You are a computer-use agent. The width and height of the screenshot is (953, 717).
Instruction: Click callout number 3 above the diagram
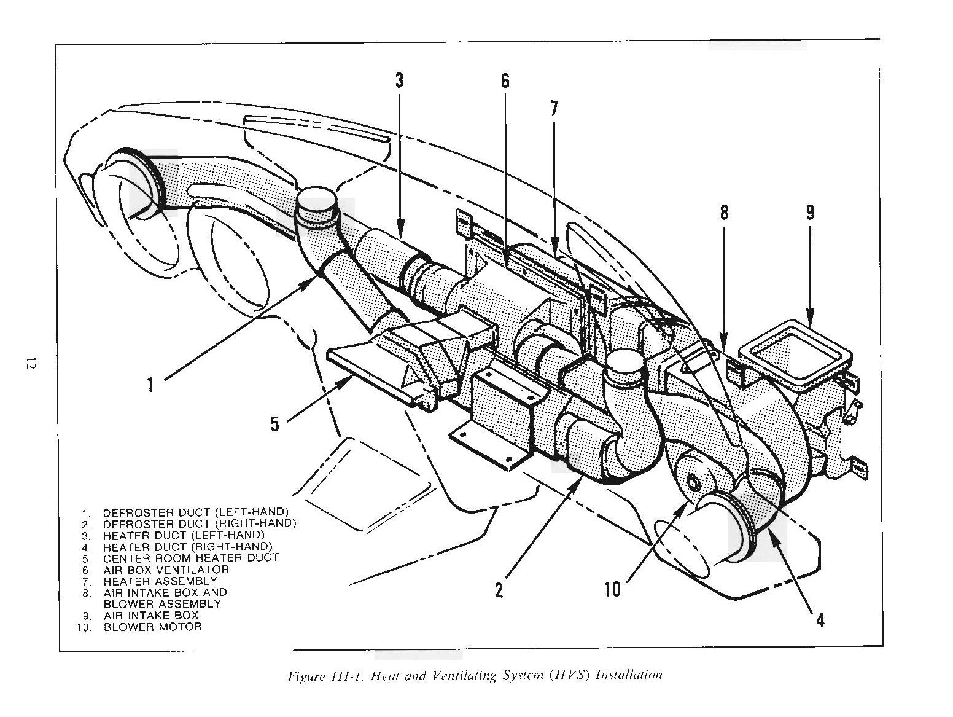click(x=399, y=80)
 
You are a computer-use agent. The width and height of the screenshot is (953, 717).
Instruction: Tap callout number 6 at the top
click(x=505, y=80)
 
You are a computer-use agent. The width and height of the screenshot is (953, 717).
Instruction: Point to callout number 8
click(x=724, y=213)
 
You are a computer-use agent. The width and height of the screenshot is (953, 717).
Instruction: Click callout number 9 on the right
click(x=809, y=213)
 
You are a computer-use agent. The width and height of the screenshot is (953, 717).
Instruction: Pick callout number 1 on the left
click(x=150, y=385)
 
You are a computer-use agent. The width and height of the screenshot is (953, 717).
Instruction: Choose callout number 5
click(x=274, y=423)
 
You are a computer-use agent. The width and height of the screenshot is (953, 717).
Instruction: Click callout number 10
click(x=612, y=589)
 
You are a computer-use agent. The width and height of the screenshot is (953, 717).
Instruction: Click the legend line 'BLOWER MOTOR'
click(x=152, y=627)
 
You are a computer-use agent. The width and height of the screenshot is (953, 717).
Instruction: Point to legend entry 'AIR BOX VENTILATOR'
click(x=166, y=570)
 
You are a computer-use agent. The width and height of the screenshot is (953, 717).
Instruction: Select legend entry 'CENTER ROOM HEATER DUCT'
click(x=190, y=558)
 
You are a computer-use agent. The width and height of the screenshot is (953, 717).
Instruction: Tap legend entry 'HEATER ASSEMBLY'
click(x=160, y=581)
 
